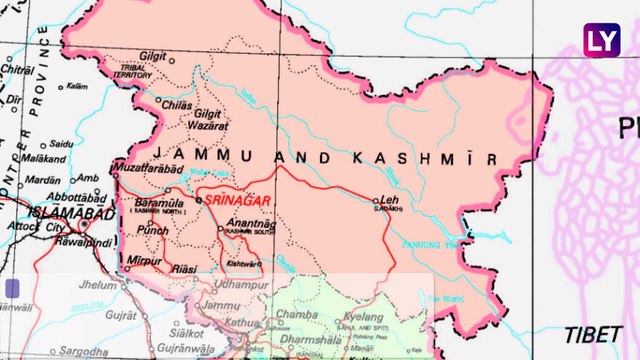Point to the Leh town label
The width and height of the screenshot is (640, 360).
coord(389,201)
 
